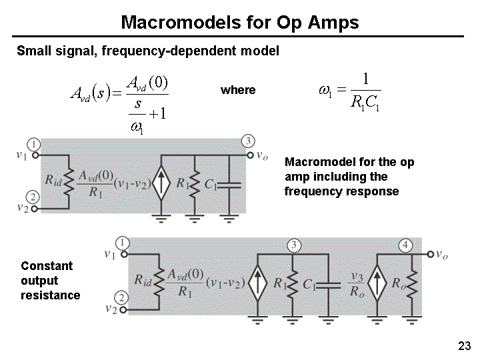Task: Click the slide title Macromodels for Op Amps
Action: click(240, 23)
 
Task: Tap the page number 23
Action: click(465, 346)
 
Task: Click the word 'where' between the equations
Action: click(238, 90)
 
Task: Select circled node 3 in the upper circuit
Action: click(248, 141)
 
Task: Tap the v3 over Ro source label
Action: click(357, 283)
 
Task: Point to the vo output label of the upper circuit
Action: click(262, 155)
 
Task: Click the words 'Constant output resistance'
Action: click(50, 280)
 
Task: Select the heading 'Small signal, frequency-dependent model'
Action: click(147, 51)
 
